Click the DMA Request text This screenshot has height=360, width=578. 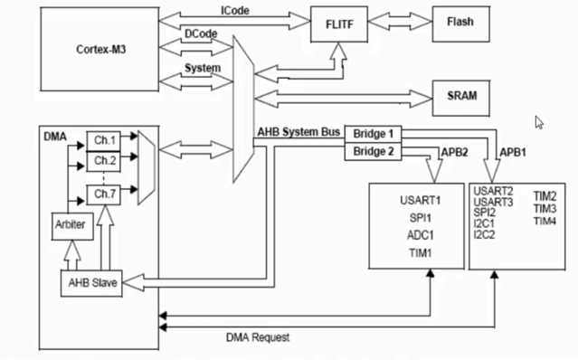tap(258, 337)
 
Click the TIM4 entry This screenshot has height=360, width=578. tap(545, 221)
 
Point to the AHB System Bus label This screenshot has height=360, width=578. tap(298, 133)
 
